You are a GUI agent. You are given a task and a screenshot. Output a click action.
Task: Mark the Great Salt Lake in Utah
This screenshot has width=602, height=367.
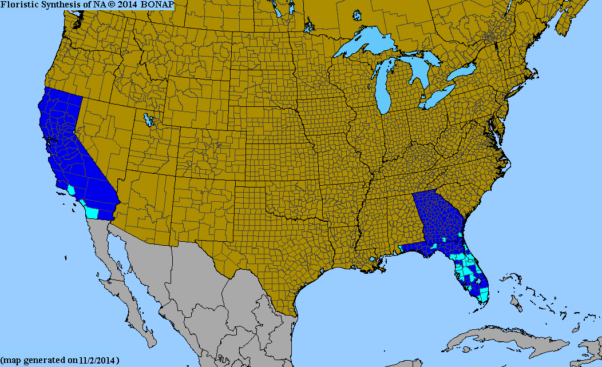coord(150,121)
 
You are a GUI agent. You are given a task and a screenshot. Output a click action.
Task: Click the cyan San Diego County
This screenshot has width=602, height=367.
coord(92,213)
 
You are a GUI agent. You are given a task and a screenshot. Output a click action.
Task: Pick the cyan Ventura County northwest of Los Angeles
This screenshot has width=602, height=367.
coord(71,189)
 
